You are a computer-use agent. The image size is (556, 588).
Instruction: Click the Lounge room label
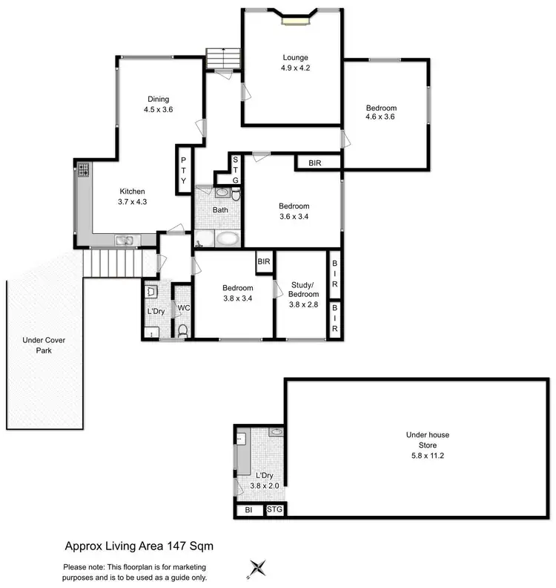[294, 57]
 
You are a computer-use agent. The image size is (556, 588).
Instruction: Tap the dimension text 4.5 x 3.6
[158, 109]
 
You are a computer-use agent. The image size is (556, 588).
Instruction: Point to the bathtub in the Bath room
[228, 239]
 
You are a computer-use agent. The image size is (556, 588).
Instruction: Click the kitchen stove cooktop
[83, 171]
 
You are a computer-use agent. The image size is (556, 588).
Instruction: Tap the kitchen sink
[124, 239]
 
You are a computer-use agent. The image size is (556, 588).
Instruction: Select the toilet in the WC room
[182, 329]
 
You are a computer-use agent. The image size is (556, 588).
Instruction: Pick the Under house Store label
[427, 440]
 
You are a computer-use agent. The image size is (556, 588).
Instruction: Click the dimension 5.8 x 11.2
[427, 456]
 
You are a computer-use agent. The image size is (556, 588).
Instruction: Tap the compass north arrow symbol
[257, 568]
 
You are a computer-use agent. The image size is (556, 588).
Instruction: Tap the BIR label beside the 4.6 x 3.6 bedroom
[308, 162]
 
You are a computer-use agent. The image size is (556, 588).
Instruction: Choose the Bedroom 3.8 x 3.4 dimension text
[237, 299]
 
